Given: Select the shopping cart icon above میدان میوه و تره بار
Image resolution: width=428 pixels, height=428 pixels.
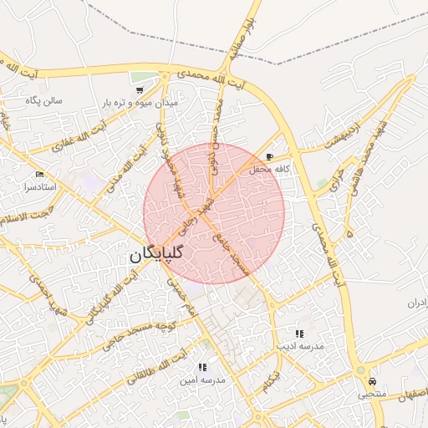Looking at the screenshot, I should pyautogui.click(x=139, y=89).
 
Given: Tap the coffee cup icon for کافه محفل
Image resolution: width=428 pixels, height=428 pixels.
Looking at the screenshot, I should pyautogui.click(x=269, y=156).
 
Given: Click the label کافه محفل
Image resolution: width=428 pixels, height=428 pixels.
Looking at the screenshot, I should pyautogui.click(x=270, y=169).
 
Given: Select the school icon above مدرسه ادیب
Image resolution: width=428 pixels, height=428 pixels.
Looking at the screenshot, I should pyautogui.click(x=299, y=334).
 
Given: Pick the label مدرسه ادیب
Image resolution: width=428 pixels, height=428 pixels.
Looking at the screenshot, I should pyautogui.click(x=299, y=346).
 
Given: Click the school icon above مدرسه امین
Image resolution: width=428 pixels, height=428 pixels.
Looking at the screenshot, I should pyautogui.click(x=201, y=367).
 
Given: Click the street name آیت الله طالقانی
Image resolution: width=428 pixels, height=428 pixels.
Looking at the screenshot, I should pyautogui.click(x=154, y=369).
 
